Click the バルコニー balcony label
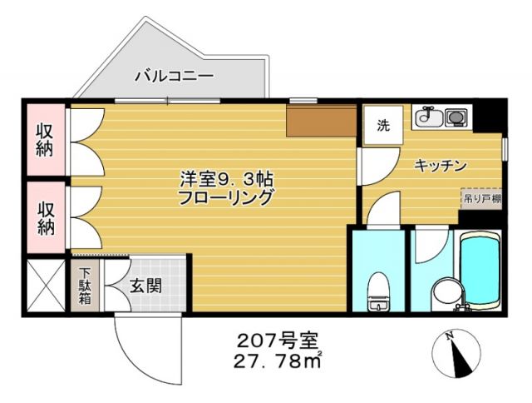(175, 76)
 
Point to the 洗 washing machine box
(382, 127)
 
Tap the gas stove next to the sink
(456, 117)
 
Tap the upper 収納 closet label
(44, 138)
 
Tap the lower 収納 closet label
(44, 215)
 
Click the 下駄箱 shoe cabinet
(86, 285)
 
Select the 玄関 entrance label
(145, 285)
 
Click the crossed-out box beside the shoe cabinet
(45, 286)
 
